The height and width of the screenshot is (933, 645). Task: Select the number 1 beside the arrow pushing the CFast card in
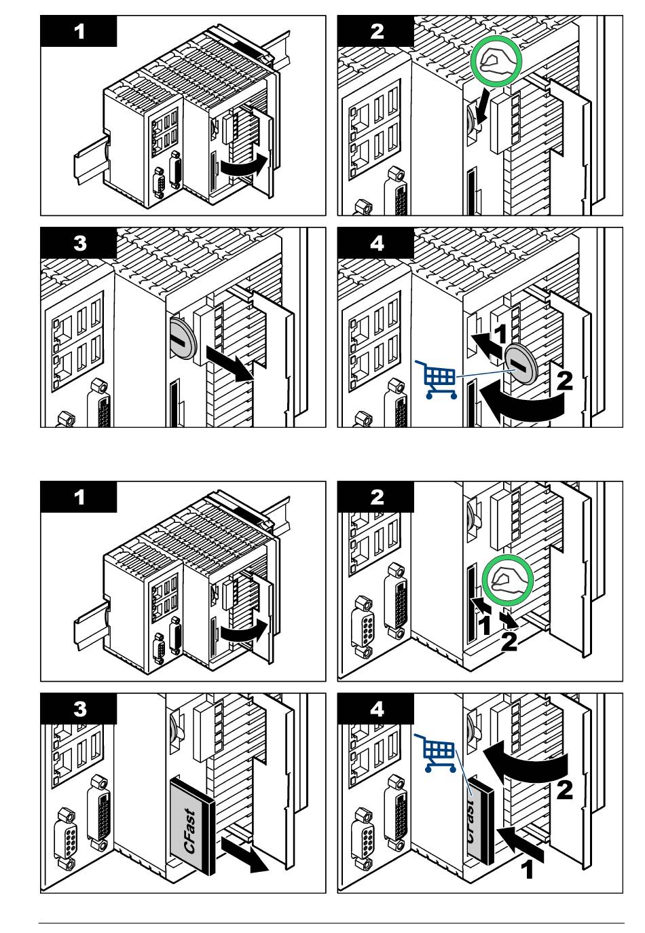[x=527, y=869]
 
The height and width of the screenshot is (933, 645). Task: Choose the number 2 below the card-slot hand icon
[x=509, y=642]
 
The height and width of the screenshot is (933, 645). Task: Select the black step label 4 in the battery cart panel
[x=376, y=242]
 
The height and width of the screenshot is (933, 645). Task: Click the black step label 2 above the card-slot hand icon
[x=376, y=497]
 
